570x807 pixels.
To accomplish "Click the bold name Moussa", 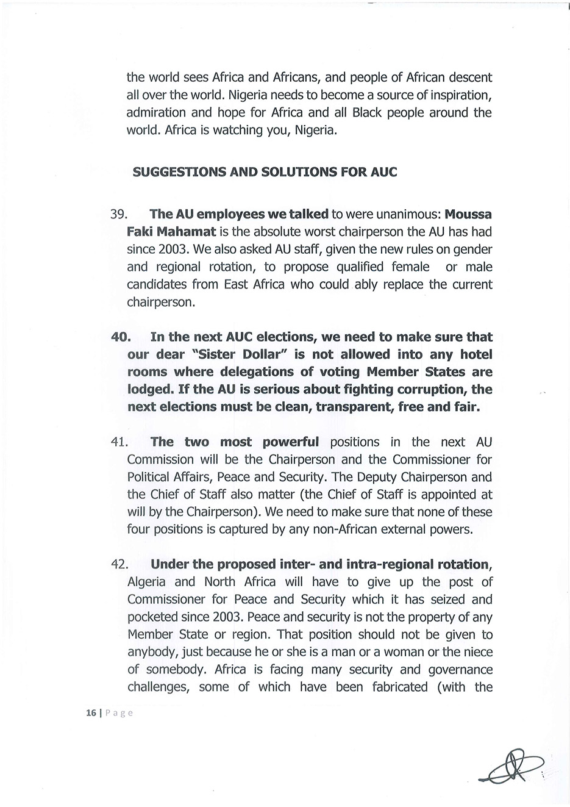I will tap(468, 214).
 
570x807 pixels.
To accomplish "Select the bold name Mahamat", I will tap(187, 232).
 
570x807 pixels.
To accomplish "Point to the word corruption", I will tap(430, 389).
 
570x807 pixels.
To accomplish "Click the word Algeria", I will tap(146, 583).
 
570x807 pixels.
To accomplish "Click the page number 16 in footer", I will tap(91, 712).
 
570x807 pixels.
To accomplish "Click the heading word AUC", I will tap(383, 171).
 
